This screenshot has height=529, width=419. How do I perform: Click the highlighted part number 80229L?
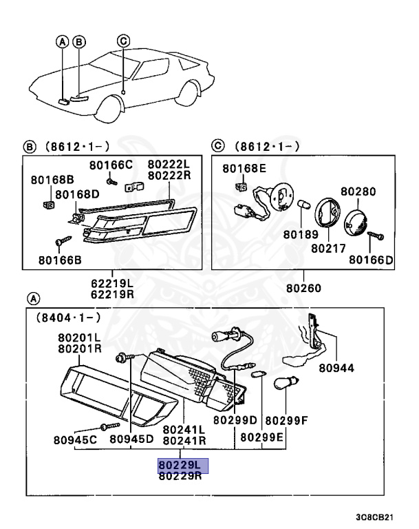pos(180,466)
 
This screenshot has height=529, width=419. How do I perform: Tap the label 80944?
pos(336,368)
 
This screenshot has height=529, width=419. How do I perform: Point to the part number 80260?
pos(303,288)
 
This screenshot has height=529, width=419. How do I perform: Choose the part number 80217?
pos(328,246)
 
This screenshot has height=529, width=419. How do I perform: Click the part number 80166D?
pos(370,260)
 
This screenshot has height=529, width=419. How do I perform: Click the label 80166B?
pos(61,260)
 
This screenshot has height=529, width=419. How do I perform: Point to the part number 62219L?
pos(113,282)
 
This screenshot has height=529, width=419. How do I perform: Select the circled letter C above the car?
pos(123,41)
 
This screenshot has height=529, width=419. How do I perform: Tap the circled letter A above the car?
pos(63,42)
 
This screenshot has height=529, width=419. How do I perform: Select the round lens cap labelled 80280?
pos(356,221)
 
